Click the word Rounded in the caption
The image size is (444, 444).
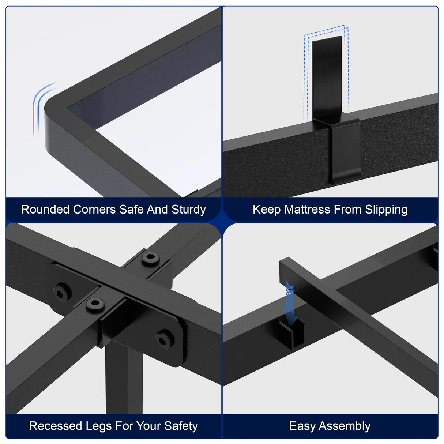click(x=45, y=210)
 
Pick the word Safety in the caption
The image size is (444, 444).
click(x=181, y=426)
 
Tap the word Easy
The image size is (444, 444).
click(x=302, y=426)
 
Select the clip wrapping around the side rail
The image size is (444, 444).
click(x=346, y=150)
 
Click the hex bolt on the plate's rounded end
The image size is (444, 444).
click(x=165, y=339)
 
